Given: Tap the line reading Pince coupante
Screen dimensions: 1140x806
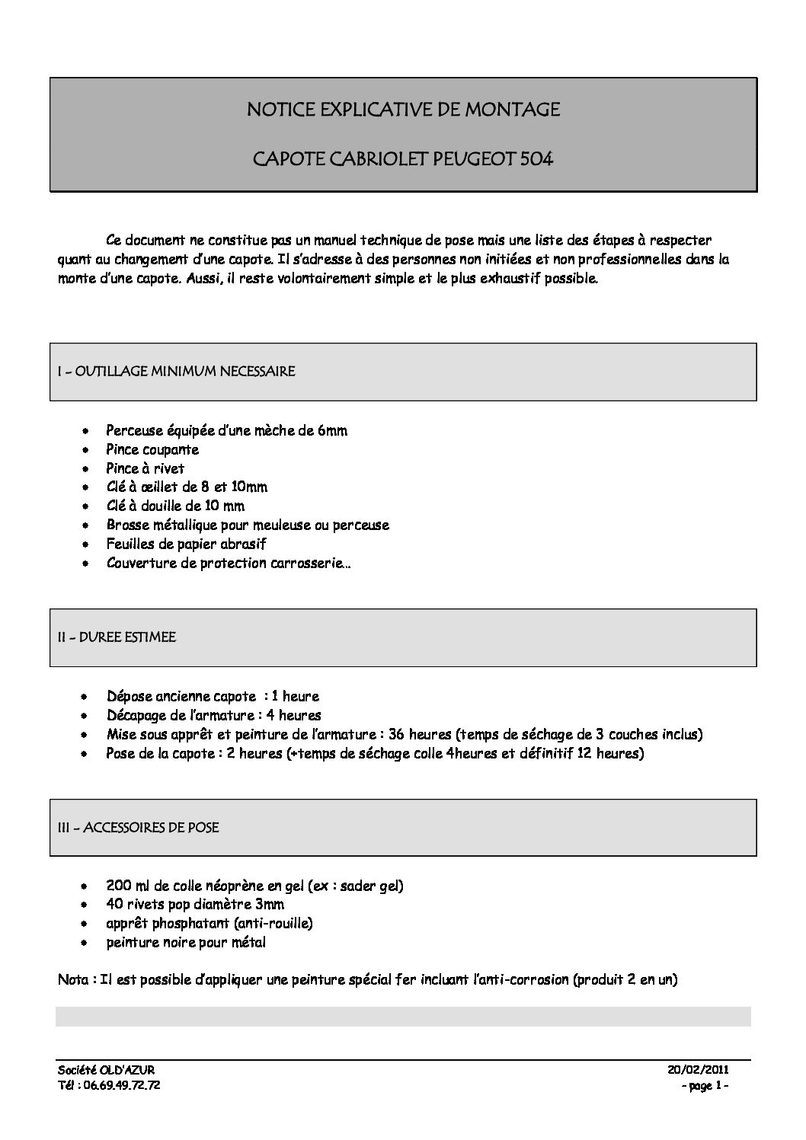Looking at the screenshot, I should [152, 449].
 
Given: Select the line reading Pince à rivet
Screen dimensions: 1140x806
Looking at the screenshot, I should [146, 468].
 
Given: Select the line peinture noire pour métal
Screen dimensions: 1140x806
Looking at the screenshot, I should [186, 943].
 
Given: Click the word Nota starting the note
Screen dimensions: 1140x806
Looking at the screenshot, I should [73, 980].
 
